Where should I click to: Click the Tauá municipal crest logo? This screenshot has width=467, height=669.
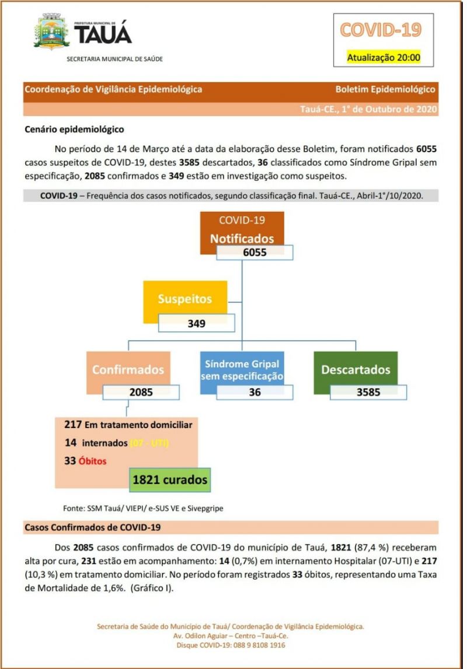pos(51,32)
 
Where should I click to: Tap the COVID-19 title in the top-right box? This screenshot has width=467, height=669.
pos(380,30)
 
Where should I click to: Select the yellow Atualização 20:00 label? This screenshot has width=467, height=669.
pos(383,57)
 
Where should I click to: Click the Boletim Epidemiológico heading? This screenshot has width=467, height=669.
pos(385,89)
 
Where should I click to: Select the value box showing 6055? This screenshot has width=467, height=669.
pos(255,253)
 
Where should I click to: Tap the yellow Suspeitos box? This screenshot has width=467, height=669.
pos(184,299)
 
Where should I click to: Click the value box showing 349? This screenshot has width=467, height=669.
pos(196,323)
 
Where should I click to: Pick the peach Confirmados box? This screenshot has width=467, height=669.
pos(128,369)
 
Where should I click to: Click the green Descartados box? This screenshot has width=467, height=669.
pos(355,369)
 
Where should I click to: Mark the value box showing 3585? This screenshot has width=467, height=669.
pos(368,392)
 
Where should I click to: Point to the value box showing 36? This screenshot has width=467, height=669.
pos(255,393)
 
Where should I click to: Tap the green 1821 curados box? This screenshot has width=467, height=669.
pos(170,480)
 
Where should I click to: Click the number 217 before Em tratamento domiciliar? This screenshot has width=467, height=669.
pos(72,425)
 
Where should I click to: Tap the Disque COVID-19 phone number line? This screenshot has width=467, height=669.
pos(231,646)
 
